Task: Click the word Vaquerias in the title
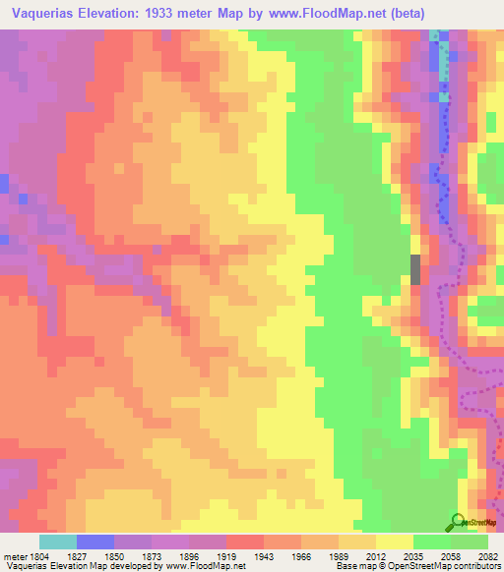[43, 12]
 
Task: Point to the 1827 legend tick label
[79, 557]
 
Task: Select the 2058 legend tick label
[451, 557]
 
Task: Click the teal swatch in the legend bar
[58, 542]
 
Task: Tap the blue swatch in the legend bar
[95, 542]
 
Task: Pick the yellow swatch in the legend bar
[395, 542]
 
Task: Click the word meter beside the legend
[13, 557]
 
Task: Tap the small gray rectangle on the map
[414, 269]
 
